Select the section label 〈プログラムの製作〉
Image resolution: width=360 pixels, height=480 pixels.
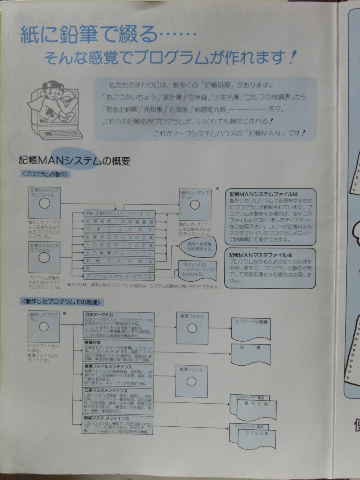45,174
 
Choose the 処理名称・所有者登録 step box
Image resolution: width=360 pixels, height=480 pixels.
119,221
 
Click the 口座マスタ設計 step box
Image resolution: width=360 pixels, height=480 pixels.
119,229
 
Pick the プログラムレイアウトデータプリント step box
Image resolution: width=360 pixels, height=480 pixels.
119,276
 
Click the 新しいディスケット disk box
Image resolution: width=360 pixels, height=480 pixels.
194,204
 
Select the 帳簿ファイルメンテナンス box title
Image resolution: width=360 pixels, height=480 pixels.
108,366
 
